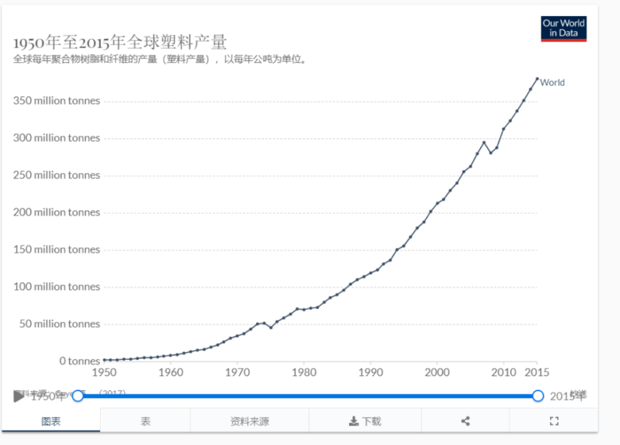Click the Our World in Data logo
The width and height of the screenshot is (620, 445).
(564, 29)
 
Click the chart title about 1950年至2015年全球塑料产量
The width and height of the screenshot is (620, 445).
(120, 42)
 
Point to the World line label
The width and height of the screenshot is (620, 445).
(552, 82)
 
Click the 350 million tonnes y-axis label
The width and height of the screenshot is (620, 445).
(56, 100)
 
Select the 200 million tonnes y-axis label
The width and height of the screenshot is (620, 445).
(56, 212)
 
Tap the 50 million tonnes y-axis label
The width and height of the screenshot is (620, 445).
(56, 324)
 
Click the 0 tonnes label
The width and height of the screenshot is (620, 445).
(79, 361)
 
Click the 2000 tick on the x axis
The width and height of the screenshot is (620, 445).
(436, 372)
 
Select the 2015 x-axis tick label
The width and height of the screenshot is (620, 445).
(537, 372)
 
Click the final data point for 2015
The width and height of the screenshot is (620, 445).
(537, 79)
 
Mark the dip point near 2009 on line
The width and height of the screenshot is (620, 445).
(490, 152)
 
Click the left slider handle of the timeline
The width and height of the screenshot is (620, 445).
(77, 395)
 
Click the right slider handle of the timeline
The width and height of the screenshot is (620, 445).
(538, 395)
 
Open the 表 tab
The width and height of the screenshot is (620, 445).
(145, 421)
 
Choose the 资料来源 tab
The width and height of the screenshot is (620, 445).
(249, 421)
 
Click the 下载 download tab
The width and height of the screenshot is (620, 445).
(365, 421)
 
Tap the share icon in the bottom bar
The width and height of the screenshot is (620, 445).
(465, 421)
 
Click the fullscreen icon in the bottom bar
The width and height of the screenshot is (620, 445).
(554, 421)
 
